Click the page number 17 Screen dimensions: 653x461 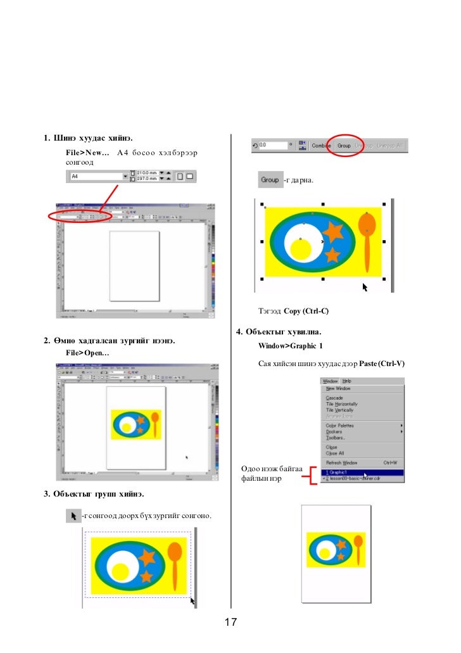click(230, 623)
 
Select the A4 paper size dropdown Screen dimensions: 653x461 click(98, 177)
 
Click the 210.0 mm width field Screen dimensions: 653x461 click(146, 173)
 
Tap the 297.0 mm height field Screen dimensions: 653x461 click(146, 180)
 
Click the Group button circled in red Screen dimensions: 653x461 click(344, 146)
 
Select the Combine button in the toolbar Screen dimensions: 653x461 click(322, 146)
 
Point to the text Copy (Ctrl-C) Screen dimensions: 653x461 click(306, 312)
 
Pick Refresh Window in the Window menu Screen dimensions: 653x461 click(342, 463)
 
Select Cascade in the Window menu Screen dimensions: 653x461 click(335, 398)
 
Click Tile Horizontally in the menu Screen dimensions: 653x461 click(341, 404)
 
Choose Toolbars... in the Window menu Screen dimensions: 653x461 click(336, 438)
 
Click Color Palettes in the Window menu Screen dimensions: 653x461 click(339, 426)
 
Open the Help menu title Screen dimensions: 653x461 click(346, 381)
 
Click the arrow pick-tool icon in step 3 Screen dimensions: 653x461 click(73, 516)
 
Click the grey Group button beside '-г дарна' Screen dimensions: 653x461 click(270, 180)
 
